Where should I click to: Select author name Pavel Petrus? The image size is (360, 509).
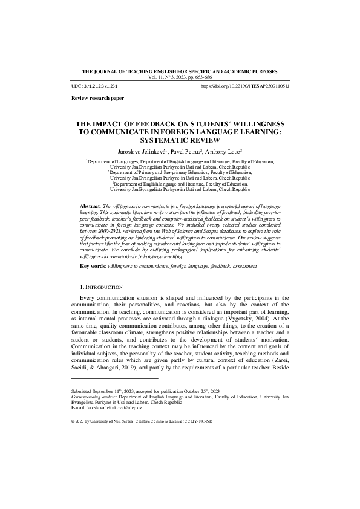(185, 151)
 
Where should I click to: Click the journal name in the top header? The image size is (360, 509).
(180, 71)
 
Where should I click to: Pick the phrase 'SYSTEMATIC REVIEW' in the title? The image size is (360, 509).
(181, 140)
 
